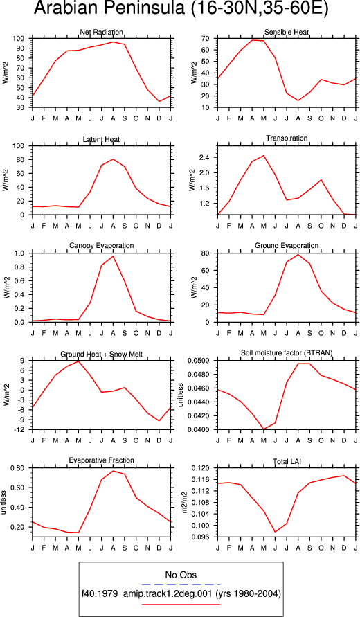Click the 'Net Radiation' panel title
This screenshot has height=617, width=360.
coord(101,32)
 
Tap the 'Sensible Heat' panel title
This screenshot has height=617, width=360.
coord(287,32)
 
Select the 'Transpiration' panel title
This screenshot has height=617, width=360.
coord(287,138)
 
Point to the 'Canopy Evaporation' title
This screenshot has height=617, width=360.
coord(102,246)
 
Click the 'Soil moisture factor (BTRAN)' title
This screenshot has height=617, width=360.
coord(287,353)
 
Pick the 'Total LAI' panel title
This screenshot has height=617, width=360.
coord(287,460)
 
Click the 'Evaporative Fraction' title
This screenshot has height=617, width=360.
coord(102,460)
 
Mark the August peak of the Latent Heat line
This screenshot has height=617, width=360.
coord(113,159)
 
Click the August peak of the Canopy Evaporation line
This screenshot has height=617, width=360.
coord(113,256)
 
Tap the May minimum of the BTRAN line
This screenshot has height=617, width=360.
coord(264,429)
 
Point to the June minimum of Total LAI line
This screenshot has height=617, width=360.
coord(275,532)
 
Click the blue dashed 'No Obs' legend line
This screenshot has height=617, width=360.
coord(181,584)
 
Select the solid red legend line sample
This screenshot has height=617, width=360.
coord(181,604)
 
